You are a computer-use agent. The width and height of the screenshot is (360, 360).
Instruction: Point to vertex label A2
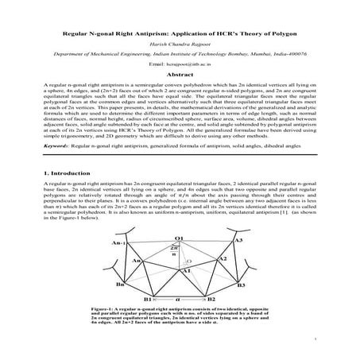[223, 259]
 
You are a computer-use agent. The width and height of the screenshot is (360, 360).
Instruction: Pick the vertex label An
[136, 260]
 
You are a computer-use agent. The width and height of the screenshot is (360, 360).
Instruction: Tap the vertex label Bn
[119, 284]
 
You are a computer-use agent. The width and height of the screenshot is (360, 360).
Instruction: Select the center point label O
[189, 261]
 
